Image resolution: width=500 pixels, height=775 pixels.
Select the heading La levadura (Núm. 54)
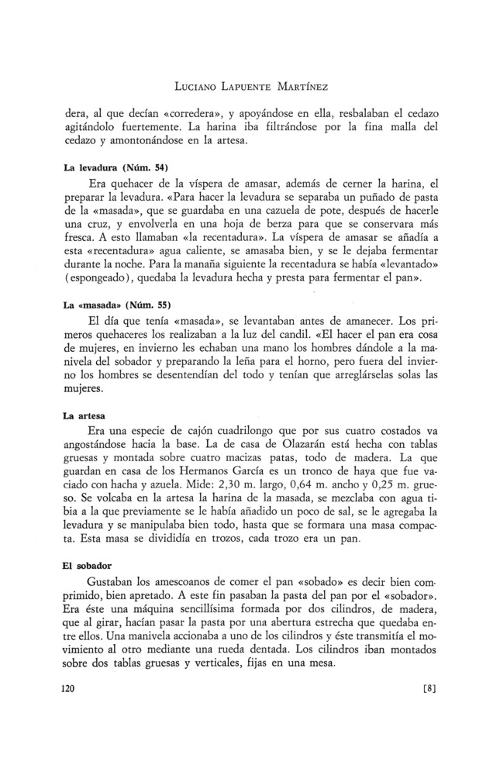pyautogui.click(x=114, y=167)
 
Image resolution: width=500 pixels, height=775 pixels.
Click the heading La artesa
pyautogui.click(x=84, y=415)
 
